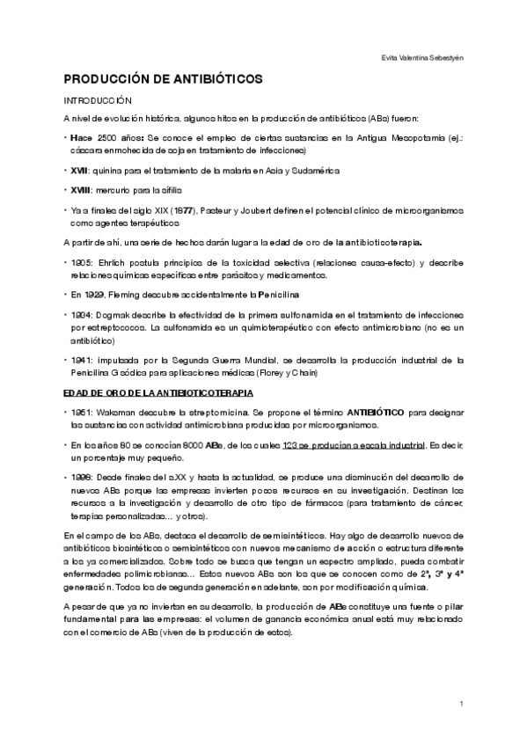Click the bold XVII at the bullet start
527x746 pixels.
tap(81, 170)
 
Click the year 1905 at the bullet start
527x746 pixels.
tap(82, 262)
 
